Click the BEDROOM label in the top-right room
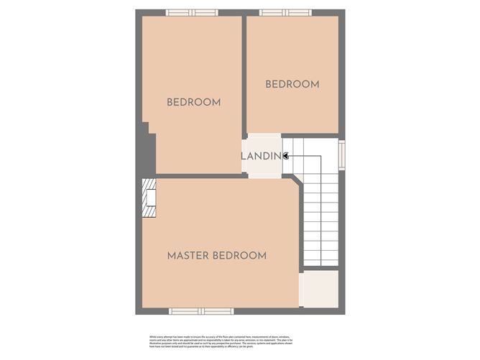292,84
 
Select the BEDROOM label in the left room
193,102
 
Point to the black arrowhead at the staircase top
285,155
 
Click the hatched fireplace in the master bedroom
149,198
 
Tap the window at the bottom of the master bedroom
201,311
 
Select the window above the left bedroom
192,12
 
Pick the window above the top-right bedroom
285,12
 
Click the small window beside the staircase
342,154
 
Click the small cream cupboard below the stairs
319,289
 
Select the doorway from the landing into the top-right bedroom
264,135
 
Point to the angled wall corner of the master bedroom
296,183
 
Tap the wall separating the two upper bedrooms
244,72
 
